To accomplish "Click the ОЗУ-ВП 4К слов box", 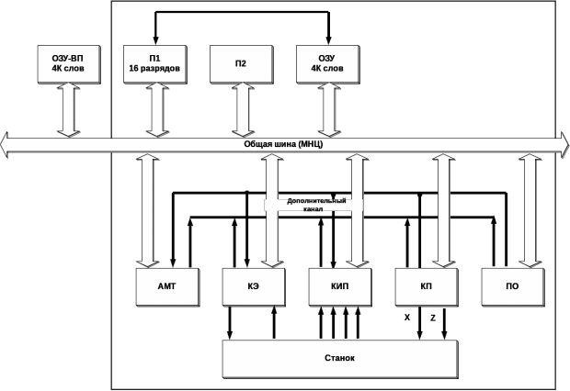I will point(68,64).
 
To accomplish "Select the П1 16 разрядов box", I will point(154,64).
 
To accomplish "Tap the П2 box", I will point(241,64).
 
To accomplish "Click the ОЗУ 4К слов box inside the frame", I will point(328,64).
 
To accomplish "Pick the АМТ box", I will point(166,286).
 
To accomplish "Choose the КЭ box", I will point(253,286).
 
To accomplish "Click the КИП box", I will point(339,286).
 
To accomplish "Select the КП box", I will point(426,286).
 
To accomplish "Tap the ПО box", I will point(512,286).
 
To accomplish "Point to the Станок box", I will point(339,358).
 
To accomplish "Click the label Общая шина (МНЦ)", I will point(283,144).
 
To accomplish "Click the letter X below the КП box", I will point(407,318).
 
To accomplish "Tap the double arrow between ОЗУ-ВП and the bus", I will point(68,109).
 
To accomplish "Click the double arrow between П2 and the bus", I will point(241,109).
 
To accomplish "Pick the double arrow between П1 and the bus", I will point(154,109).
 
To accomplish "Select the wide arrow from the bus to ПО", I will point(528,211).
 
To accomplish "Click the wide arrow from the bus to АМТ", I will point(147,211).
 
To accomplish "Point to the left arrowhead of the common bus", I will point(6,145).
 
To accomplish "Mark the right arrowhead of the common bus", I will point(564,145).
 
